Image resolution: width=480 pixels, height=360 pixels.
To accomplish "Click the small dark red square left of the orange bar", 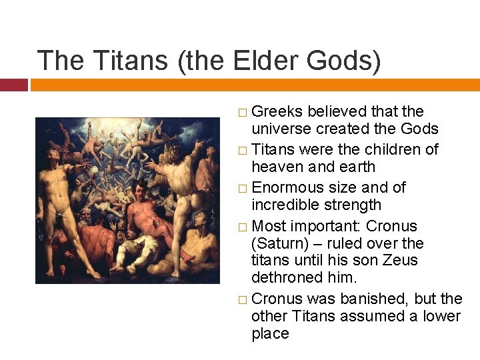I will pyautogui.click(x=13, y=85).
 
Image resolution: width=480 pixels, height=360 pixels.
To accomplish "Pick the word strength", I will pyautogui.click(x=357, y=205).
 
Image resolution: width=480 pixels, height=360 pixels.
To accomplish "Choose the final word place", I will pyautogui.click(x=270, y=333).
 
